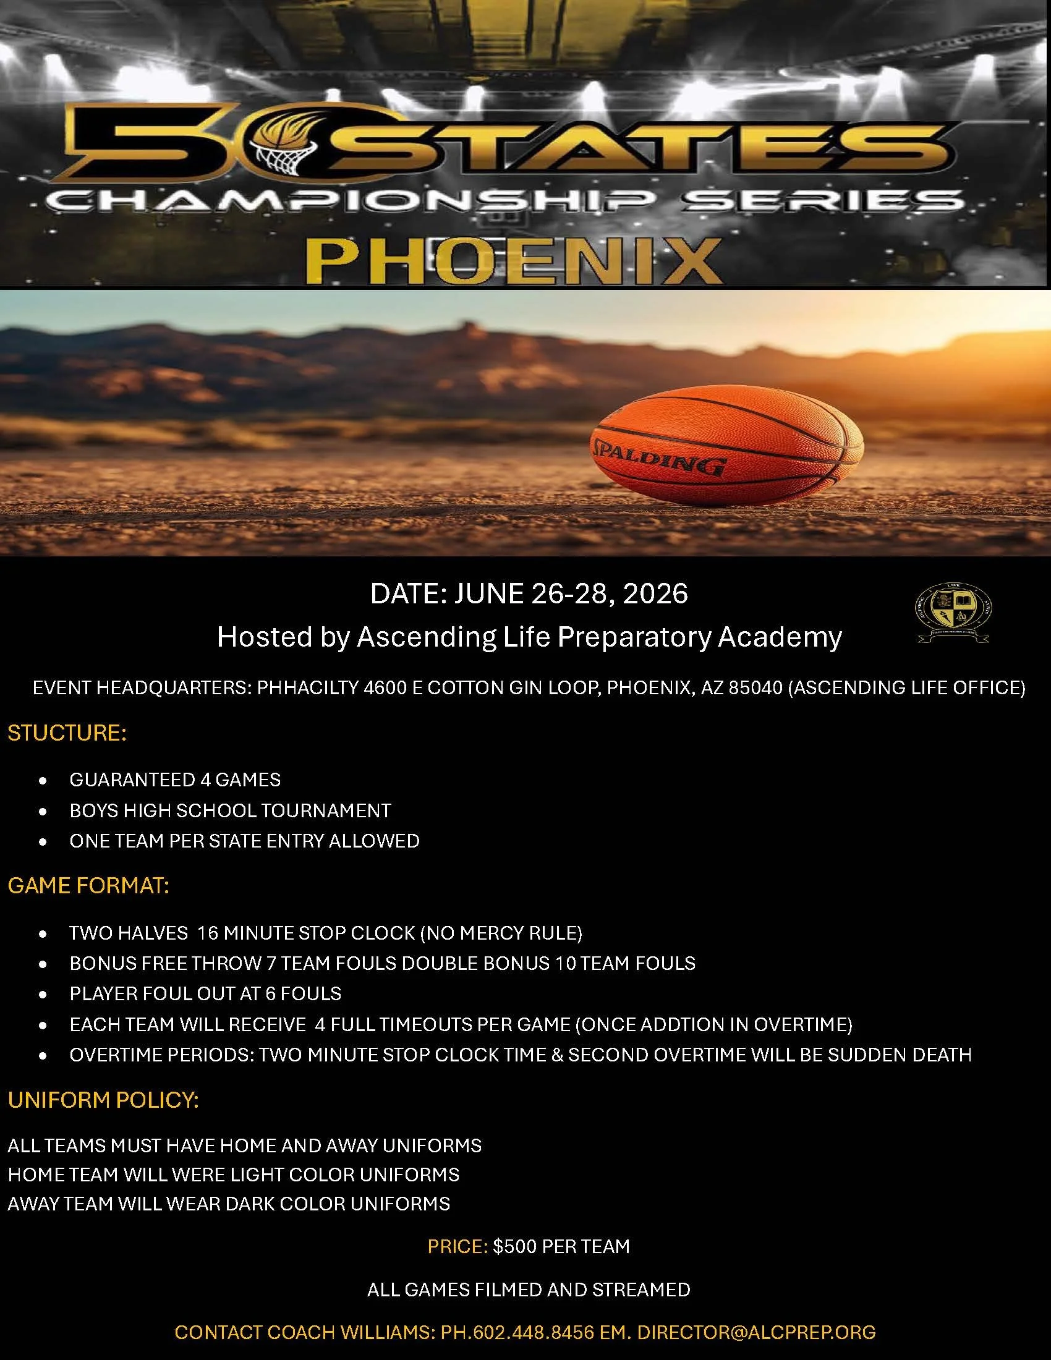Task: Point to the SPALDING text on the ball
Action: pos(660,456)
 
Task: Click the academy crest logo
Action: pos(953,613)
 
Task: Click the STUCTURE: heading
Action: pos(67,733)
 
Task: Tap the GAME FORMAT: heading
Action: pos(88,885)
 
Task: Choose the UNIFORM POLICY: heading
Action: pos(103,1100)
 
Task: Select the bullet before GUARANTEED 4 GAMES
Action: pos(42,780)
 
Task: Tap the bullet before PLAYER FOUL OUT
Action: pos(42,995)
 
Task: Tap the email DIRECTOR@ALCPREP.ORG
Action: pos(757,1332)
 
